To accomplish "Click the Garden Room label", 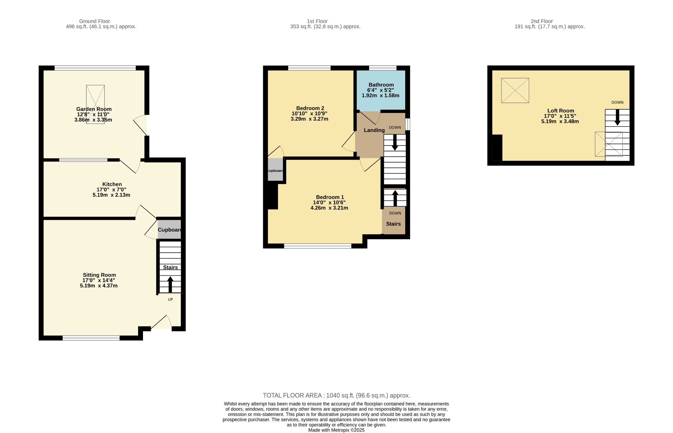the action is coord(94,109).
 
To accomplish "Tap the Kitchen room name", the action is coord(112,184).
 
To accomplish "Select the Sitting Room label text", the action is coord(99,275).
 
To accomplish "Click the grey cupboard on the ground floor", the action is coord(169,229).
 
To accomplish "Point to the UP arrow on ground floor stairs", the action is coord(170,285).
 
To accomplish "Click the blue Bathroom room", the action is coord(381,90).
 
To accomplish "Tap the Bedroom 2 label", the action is coord(310,108).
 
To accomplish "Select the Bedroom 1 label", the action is coord(330,197).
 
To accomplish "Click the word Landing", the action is coord(374,130).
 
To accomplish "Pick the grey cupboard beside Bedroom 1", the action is coord(275,170).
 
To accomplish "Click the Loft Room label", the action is coord(561,111).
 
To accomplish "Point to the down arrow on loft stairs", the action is coord(617,117).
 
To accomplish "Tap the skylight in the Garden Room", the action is coord(95,104).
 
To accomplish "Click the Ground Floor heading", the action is coord(95,21).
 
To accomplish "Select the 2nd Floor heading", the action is coord(542,21).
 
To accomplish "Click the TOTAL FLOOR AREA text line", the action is coord(336,396).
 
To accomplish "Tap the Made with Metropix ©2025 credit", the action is coord(336,430).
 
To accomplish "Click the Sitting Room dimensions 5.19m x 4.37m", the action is coord(99,286).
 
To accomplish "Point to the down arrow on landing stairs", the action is coord(395,143).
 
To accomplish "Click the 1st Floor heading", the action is coord(317,21).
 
